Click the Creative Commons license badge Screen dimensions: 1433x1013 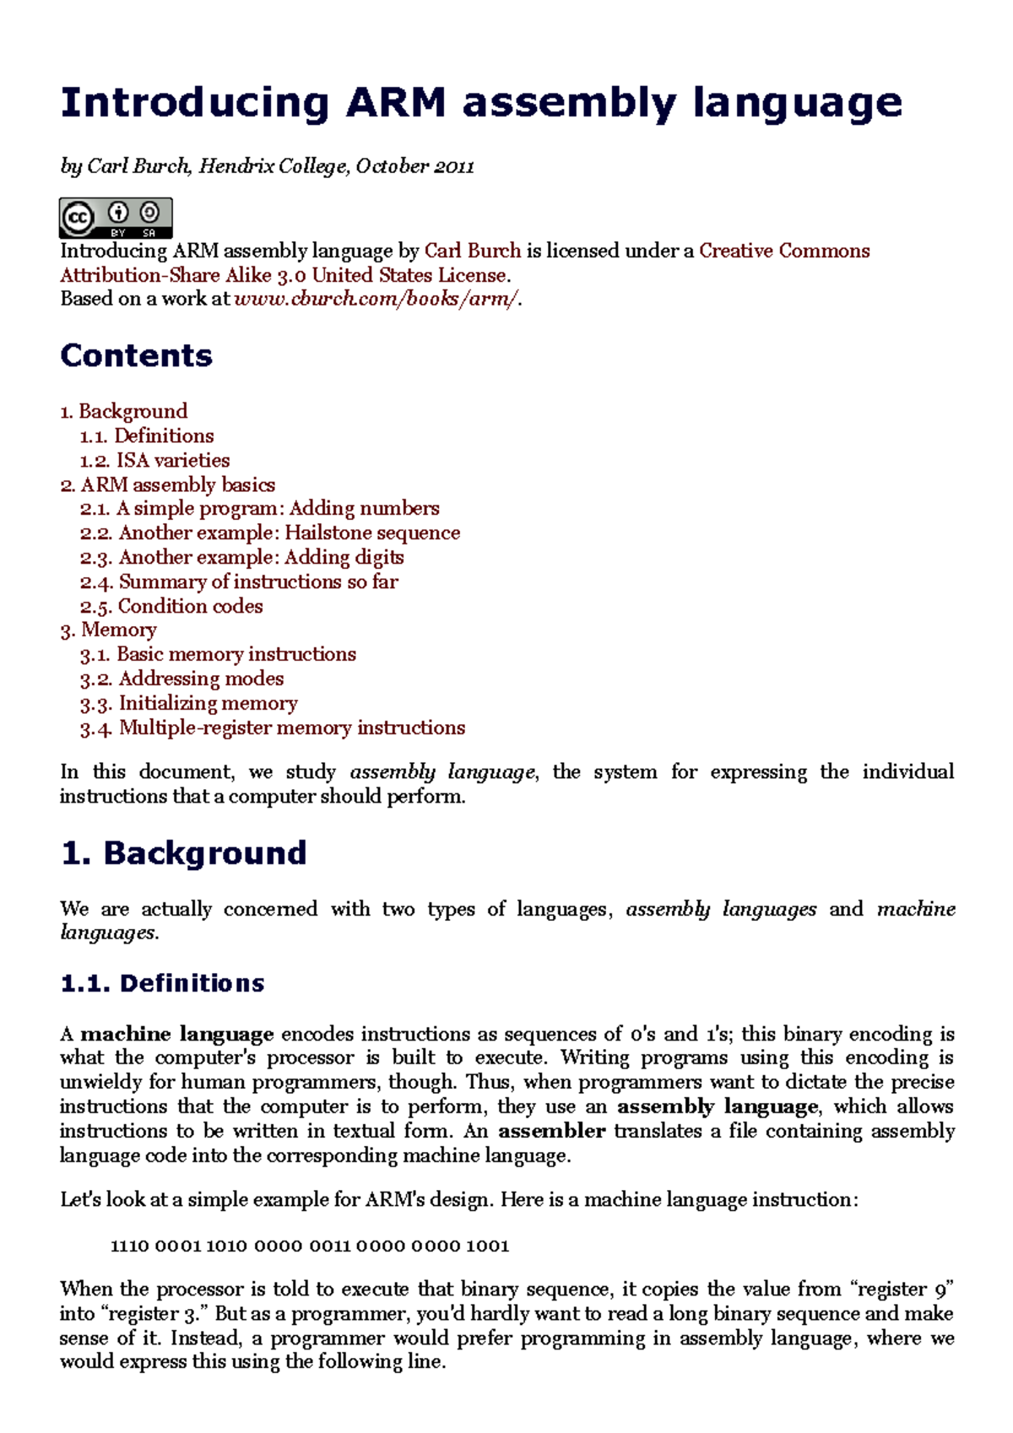click(116, 218)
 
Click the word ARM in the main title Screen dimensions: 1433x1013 click(395, 104)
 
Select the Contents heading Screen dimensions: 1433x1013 click(136, 356)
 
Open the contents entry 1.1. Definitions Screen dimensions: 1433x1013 click(147, 436)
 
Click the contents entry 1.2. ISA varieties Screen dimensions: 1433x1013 click(154, 461)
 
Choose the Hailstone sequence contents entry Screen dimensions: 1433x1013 click(290, 533)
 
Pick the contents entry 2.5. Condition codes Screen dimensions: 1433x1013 click(171, 607)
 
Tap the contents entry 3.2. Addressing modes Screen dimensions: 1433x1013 click(181, 679)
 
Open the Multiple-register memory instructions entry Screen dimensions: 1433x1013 click(273, 728)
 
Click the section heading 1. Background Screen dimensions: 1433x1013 click(183, 853)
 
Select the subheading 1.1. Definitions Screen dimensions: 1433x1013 click(162, 983)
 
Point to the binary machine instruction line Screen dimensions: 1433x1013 click(310, 1246)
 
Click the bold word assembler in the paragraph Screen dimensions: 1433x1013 click(551, 1131)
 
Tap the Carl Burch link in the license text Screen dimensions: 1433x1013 click(472, 251)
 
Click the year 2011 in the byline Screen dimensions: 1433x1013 click(454, 166)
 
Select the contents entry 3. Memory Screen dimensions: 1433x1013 click(108, 630)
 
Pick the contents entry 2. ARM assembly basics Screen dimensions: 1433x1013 click(167, 485)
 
